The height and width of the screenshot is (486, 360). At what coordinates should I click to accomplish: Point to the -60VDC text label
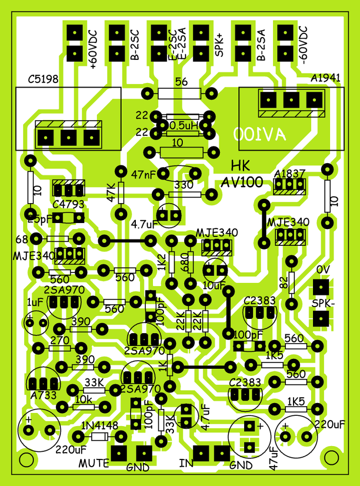tap(303, 45)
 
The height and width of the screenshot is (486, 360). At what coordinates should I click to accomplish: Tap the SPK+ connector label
tap(219, 46)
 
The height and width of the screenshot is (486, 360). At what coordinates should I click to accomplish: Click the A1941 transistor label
tap(326, 78)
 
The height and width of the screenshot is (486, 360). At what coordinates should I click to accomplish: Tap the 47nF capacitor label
tap(144, 175)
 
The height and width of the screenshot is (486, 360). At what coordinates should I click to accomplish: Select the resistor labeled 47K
tap(121, 192)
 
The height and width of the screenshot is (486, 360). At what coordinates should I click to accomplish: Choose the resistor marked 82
tap(291, 283)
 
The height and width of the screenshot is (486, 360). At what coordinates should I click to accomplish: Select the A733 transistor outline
tap(43, 381)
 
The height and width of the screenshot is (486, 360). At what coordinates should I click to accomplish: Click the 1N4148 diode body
tap(99, 437)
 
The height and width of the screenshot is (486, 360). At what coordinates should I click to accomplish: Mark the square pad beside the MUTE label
tap(118, 453)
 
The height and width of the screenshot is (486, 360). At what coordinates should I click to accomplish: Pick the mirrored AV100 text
tap(259, 134)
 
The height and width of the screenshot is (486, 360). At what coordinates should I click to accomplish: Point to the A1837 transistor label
tap(289, 174)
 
